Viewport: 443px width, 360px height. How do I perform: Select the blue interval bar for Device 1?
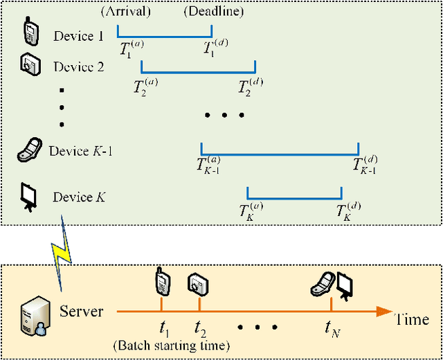click(x=165, y=35)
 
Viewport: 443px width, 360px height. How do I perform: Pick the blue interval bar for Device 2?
click(x=199, y=70)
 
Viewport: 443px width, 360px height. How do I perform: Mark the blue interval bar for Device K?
click(x=294, y=197)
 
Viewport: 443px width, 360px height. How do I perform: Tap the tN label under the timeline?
click(x=332, y=327)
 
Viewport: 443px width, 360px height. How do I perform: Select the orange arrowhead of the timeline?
click(x=384, y=312)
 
